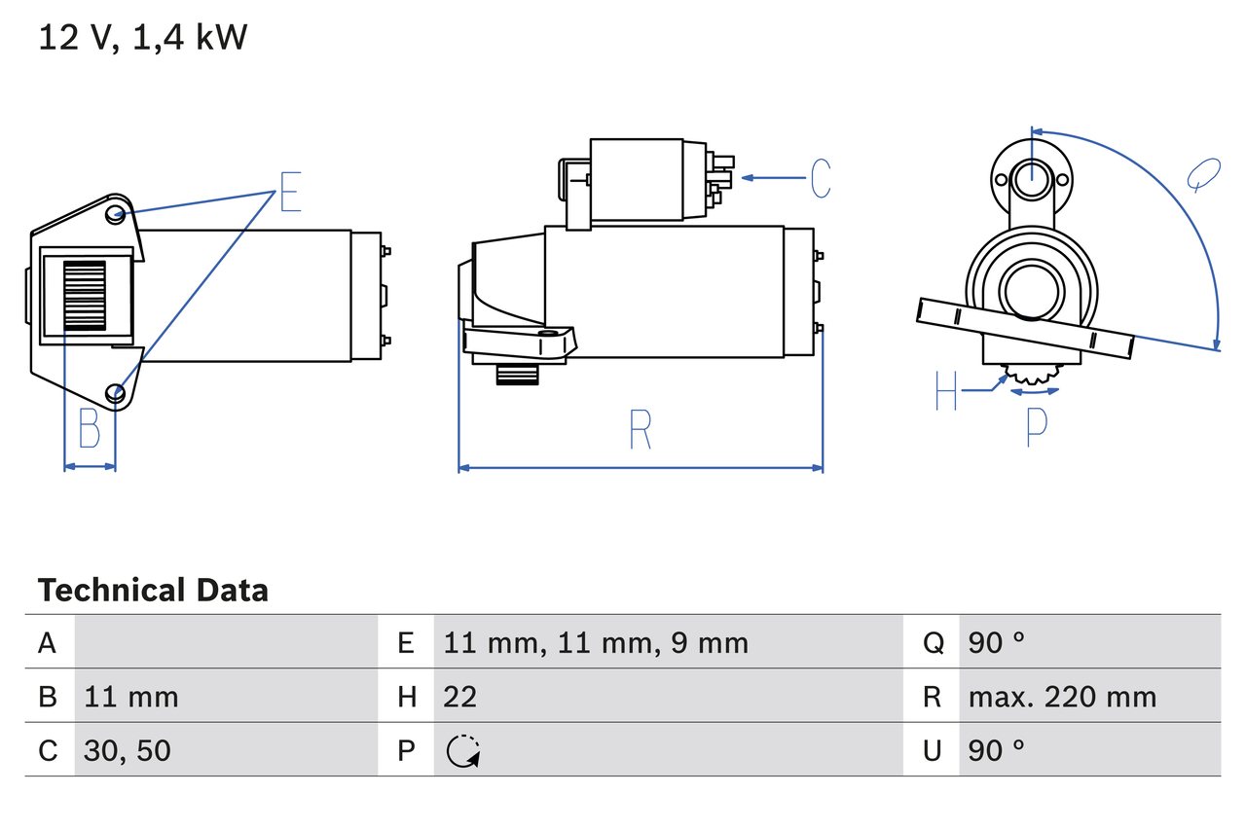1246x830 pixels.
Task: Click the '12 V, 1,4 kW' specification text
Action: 143,38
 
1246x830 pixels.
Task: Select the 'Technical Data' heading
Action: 153,590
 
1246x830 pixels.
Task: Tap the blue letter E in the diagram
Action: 290,192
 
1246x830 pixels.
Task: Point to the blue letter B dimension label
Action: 90,427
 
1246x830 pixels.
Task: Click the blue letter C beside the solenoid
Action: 820,178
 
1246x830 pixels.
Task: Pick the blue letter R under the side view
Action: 640,429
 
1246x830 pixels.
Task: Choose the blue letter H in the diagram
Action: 946,390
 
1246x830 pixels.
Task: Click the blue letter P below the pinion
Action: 1037,427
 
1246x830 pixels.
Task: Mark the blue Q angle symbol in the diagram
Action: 1203,175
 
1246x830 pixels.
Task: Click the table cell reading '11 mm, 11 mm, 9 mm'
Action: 596,642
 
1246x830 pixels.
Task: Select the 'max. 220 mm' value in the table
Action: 1062,697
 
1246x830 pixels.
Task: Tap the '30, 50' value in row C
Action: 128,750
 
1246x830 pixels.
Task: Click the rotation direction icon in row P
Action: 463,751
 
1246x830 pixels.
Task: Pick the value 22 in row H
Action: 459,697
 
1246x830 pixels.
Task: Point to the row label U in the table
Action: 932,750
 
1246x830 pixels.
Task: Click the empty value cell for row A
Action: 225,642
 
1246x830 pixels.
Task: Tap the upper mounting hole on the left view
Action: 116,214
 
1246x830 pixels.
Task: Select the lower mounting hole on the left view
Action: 116,393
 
